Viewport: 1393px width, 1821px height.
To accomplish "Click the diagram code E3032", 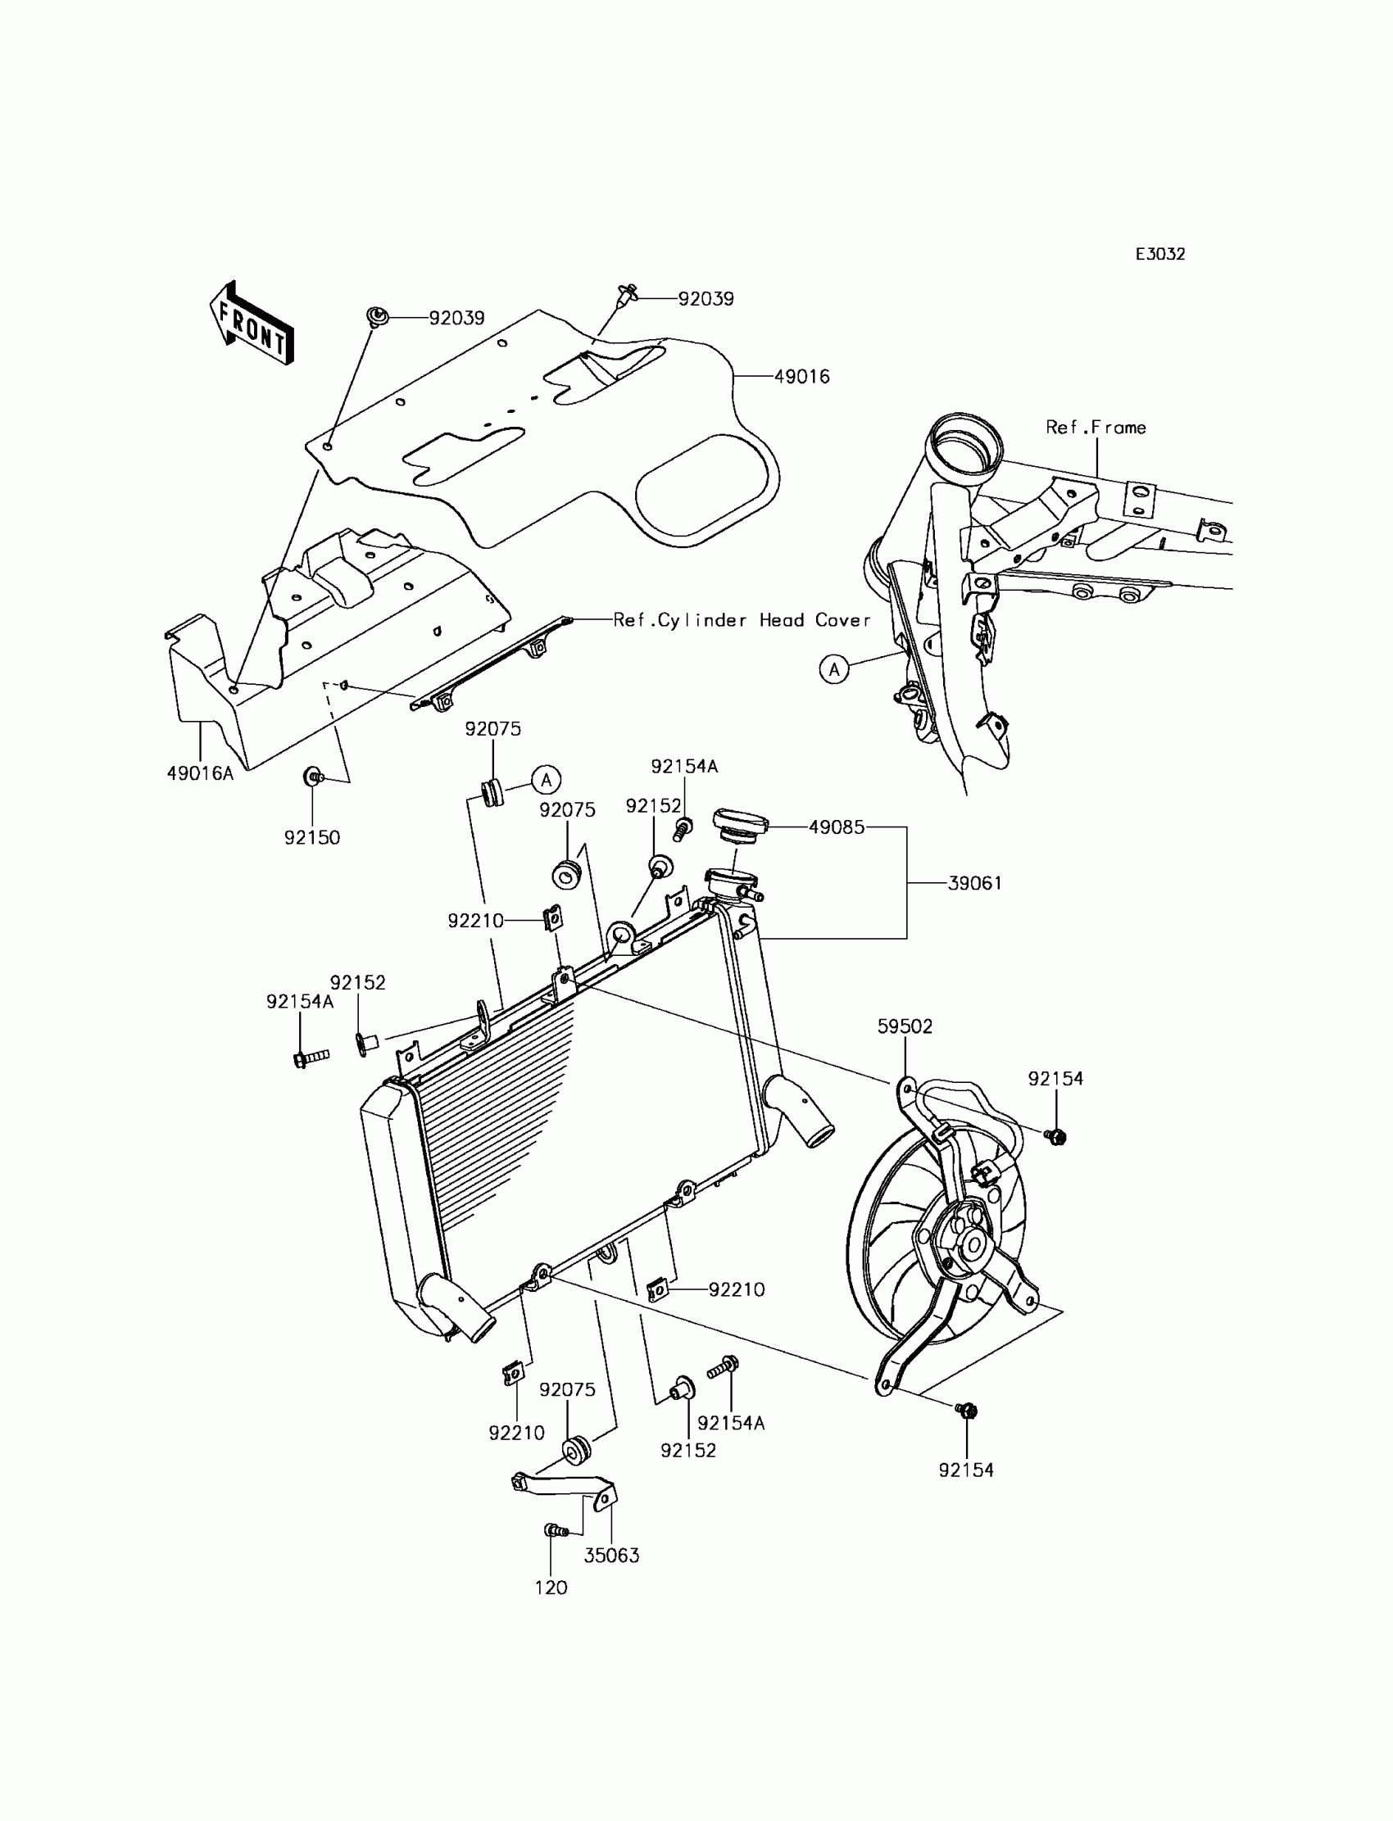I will pyautogui.click(x=1160, y=255).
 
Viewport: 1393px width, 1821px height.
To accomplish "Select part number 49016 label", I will pyautogui.click(x=802, y=377).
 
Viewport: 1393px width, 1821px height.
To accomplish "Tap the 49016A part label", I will pyautogui.click(x=200, y=773).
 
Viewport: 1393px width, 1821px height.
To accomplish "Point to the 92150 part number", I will pyautogui.click(x=311, y=837).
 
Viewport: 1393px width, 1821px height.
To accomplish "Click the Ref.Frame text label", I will pyautogui.click(x=1096, y=428).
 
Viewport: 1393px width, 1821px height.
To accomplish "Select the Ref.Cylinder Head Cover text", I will pyautogui.click(x=742, y=620).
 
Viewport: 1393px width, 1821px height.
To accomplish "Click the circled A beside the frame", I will pyautogui.click(x=834, y=669).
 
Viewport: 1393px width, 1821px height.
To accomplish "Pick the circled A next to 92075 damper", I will pyautogui.click(x=547, y=779).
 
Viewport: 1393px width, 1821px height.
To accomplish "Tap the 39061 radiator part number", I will pyautogui.click(x=975, y=884).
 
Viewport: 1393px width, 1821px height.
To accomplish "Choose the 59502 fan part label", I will pyautogui.click(x=905, y=1026).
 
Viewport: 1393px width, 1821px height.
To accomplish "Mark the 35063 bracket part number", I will pyautogui.click(x=611, y=1556).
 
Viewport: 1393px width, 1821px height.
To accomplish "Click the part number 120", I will pyautogui.click(x=551, y=1588).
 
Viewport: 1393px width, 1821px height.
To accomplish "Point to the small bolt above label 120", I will pyautogui.click(x=555, y=1530).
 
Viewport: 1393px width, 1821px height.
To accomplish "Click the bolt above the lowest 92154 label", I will pyautogui.click(x=966, y=1410).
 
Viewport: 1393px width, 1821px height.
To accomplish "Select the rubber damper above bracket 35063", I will pyautogui.click(x=575, y=1452).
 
